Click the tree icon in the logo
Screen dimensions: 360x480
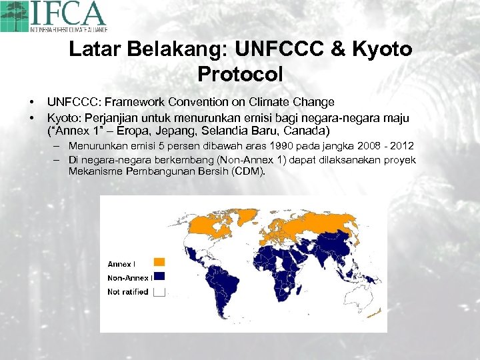(x=14, y=16)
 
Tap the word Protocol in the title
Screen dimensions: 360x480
(x=240, y=73)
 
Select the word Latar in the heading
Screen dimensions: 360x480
(x=93, y=50)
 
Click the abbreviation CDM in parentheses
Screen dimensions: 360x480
(x=249, y=171)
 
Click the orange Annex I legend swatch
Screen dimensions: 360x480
(x=159, y=262)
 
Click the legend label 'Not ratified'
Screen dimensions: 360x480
(x=127, y=292)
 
